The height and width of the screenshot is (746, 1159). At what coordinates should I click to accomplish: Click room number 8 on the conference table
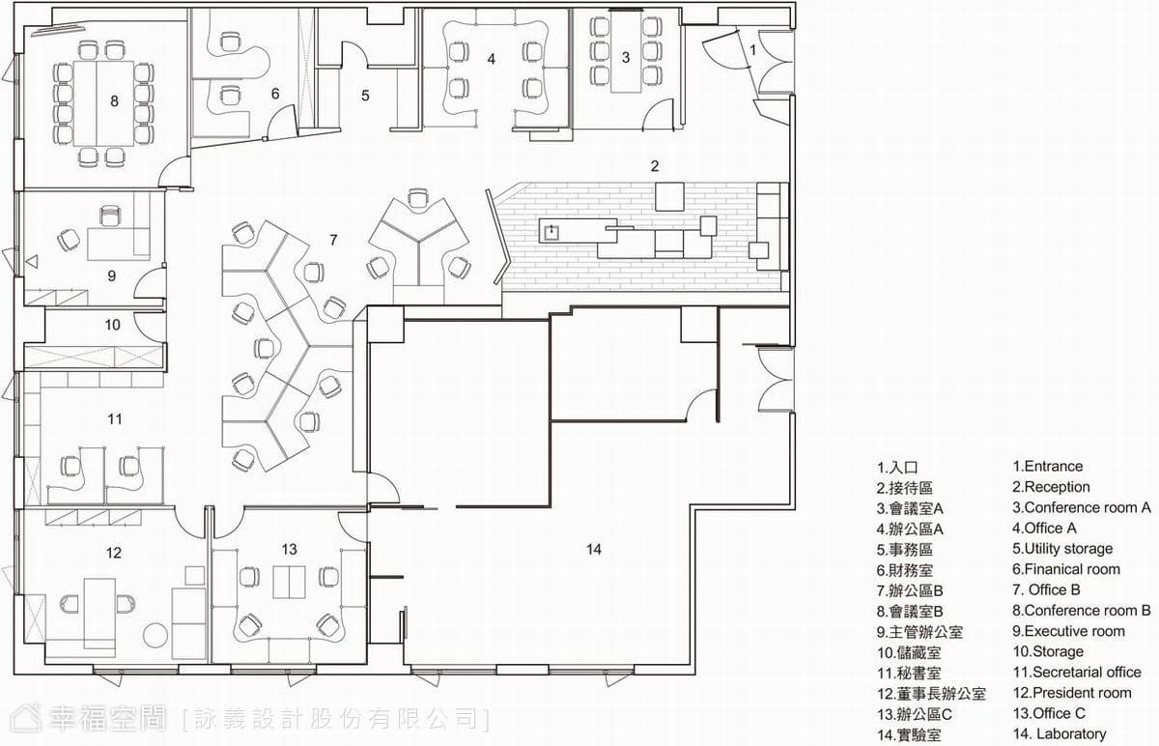click(114, 100)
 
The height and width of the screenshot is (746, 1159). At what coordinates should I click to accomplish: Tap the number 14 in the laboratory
click(594, 549)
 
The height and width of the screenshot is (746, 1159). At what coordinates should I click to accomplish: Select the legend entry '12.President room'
click(1072, 693)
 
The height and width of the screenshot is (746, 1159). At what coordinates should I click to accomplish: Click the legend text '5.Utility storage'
click(1062, 548)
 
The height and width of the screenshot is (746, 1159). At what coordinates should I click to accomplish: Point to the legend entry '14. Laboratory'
click(1060, 733)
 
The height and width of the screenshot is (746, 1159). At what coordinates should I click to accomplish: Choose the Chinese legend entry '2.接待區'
click(905, 488)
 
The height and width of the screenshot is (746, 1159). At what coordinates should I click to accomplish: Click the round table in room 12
click(155, 636)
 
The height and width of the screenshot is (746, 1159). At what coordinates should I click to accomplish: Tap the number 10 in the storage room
click(113, 325)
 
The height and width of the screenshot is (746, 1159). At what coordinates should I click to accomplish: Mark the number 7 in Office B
click(333, 241)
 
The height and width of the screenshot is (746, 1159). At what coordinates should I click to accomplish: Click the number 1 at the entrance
click(752, 50)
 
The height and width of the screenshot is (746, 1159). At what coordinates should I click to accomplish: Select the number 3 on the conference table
click(626, 57)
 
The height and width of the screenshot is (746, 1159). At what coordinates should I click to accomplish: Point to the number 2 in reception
click(655, 166)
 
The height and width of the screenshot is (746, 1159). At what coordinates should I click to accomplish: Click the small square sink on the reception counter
click(552, 231)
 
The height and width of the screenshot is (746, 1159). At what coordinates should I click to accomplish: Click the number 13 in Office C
click(289, 549)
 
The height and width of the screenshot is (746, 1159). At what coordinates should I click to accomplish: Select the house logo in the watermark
click(26, 718)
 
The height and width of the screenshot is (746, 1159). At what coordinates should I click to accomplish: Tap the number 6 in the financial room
click(275, 94)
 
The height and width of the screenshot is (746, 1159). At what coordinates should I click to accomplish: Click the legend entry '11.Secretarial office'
click(1077, 672)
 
